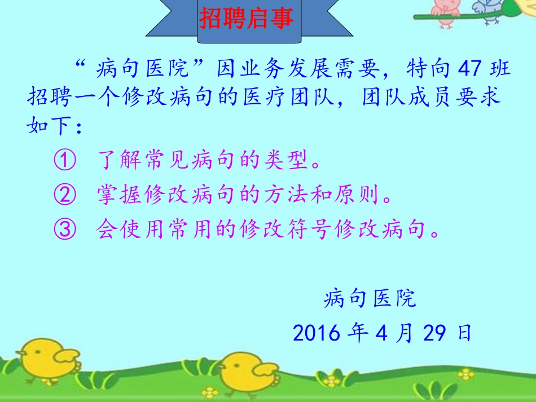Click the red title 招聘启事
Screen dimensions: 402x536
click(x=247, y=19)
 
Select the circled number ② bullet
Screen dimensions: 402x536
click(x=64, y=196)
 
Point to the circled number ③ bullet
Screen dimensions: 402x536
click(x=64, y=230)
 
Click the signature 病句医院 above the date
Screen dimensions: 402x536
click(x=370, y=298)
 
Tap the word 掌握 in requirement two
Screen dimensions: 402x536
click(x=120, y=196)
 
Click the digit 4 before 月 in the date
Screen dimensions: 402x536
click(x=383, y=333)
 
